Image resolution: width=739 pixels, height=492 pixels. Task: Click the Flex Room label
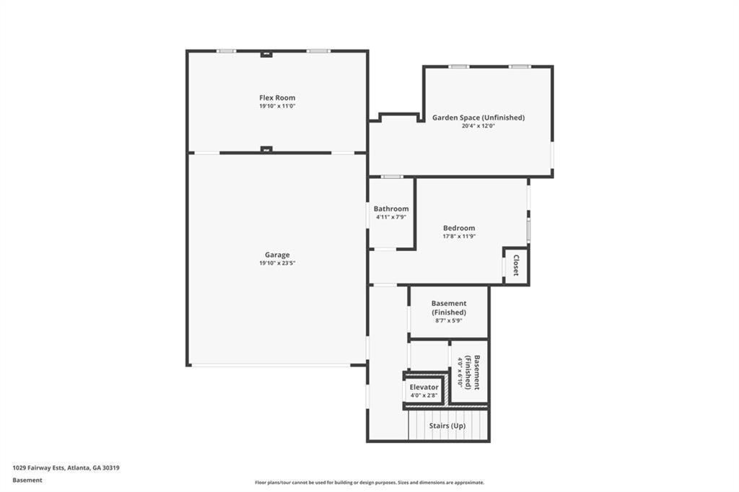(277, 98)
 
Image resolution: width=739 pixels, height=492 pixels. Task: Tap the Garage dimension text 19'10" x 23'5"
(277, 263)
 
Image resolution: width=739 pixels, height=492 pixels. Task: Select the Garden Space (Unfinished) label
(478, 118)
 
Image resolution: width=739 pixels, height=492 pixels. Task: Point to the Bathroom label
(391, 208)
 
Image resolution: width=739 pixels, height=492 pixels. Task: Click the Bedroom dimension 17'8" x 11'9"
(459, 237)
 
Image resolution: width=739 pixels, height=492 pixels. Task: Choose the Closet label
(516, 265)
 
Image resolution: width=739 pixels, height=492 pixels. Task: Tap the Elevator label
(424, 387)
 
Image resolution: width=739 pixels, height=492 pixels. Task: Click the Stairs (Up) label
(447, 426)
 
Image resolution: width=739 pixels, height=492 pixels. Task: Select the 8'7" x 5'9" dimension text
(449, 321)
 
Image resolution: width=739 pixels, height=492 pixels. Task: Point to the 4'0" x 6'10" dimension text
(460, 372)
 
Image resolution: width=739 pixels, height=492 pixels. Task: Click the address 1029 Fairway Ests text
(38, 468)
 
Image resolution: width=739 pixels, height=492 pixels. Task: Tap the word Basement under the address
(27, 480)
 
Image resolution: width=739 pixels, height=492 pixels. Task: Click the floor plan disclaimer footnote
(369, 483)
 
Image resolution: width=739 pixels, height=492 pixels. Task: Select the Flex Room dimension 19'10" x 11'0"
(277, 107)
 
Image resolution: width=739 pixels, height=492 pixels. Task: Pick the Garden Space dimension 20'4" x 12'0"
(478, 126)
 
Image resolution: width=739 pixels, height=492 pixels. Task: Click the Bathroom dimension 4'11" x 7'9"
(391, 217)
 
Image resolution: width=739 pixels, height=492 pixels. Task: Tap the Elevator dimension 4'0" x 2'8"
(424, 396)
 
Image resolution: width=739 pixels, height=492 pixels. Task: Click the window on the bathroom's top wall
(392, 177)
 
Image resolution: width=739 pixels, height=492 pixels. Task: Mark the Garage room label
(277, 255)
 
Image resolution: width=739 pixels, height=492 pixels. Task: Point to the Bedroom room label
(459, 228)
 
